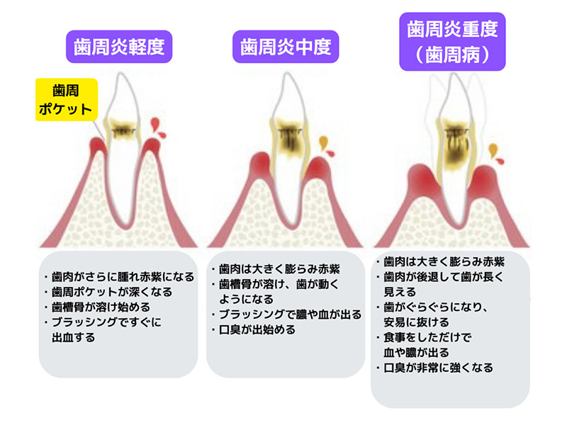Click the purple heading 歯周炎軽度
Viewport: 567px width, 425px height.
click(120, 48)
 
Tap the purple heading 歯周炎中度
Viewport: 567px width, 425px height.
click(286, 48)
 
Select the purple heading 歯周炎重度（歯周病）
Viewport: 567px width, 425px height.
click(452, 40)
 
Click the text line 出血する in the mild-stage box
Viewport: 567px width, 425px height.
click(74, 338)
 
